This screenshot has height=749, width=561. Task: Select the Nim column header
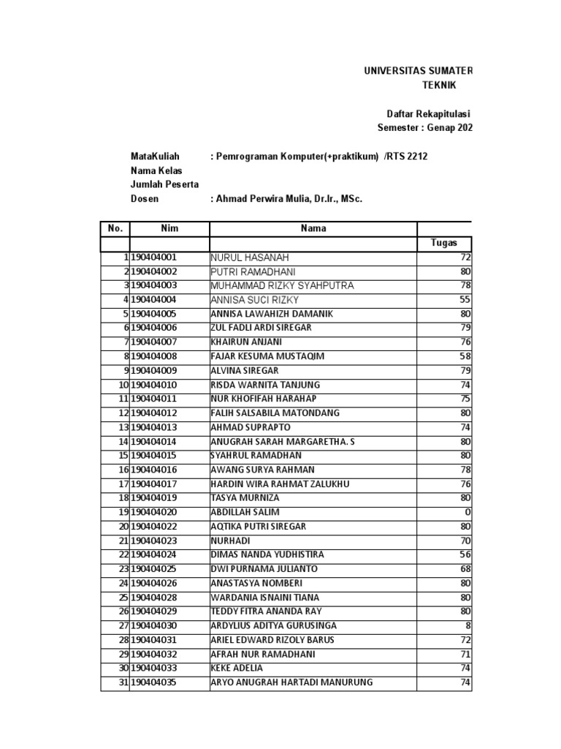tap(169, 228)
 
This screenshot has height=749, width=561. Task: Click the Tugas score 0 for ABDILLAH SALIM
tap(468, 512)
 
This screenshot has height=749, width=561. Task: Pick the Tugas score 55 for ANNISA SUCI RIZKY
tap(465, 300)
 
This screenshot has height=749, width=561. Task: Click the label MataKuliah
tap(155, 157)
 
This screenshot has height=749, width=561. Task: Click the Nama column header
tap(313, 228)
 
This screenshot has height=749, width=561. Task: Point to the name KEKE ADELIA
tap(237, 668)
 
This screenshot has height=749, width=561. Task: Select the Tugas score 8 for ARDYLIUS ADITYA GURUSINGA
tap(468, 625)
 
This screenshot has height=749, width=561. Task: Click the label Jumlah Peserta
tap(164, 184)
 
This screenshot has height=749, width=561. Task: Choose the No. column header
tap(115, 228)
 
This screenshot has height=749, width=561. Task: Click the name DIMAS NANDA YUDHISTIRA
tap(267, 554)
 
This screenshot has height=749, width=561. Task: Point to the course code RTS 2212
tap(406, 157)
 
